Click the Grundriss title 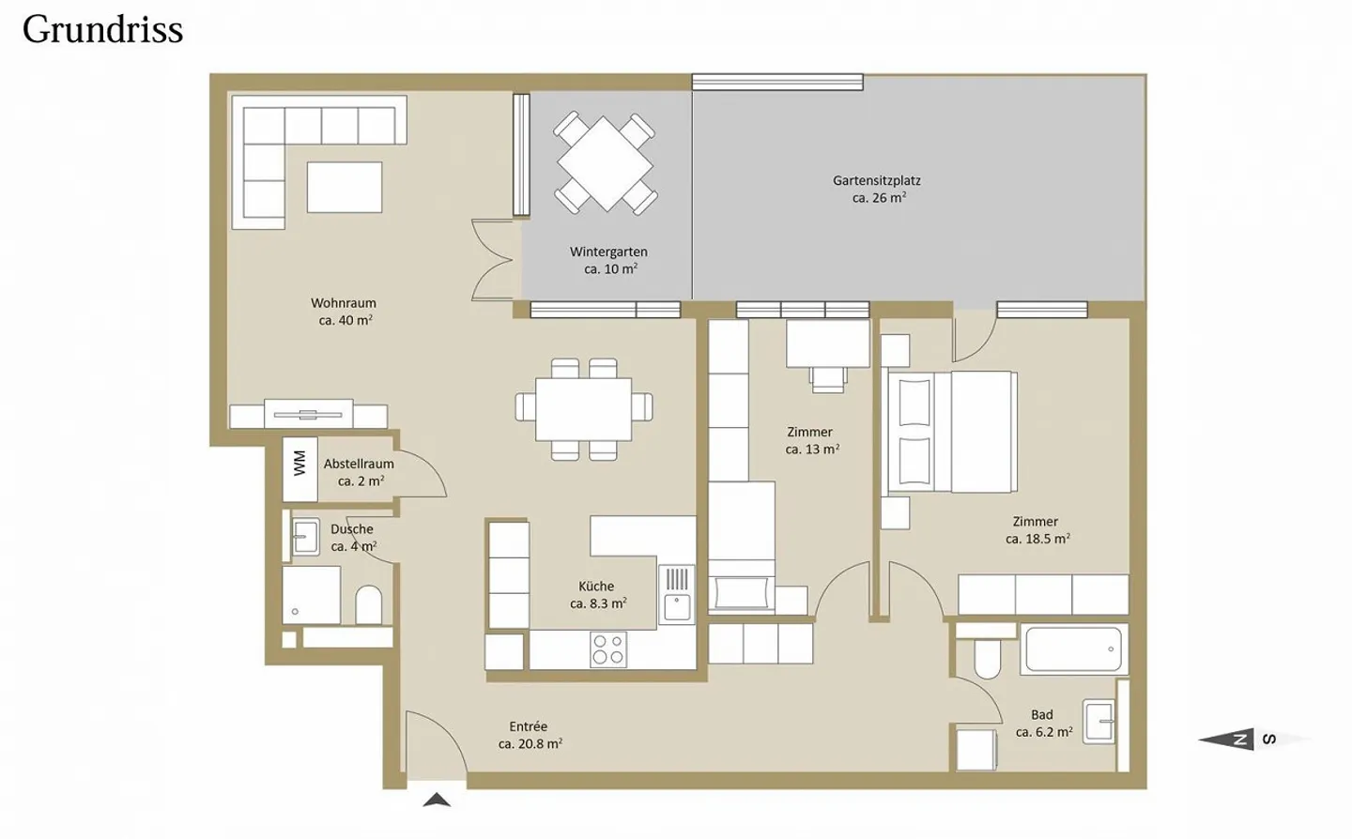tap(102, 30)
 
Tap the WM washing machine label tap(300, 464)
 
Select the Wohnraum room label tap(344, 303)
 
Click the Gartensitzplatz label tap(876, 180)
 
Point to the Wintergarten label tap(608, 252)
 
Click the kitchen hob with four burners tap(608, 649)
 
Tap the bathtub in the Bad tap(1074, 649)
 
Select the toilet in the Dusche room tap(368, 605)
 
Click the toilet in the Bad tap(987, 658)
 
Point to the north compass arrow tap(1226, 740)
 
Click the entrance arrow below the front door tap(437, 801)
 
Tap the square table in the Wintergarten tap(606, 163)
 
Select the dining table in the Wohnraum tap(584, 409)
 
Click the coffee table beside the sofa tap(344, 187)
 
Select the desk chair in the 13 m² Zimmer tap(828, 379)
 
